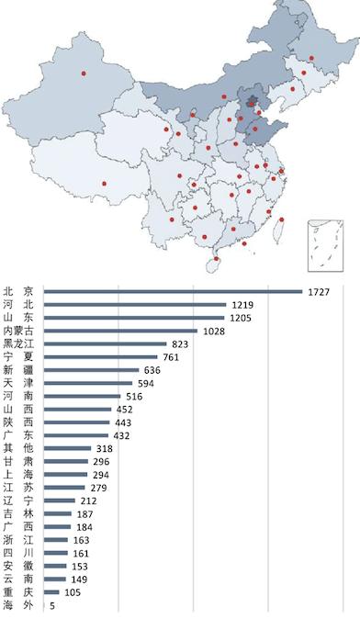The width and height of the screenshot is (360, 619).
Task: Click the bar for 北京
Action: (x=173, y=292)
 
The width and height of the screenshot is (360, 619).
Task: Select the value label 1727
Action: (x=317, y=292)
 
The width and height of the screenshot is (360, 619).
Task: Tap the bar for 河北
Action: (x=135, y=305)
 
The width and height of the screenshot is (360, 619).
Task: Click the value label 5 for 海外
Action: (x=52, y=605)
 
